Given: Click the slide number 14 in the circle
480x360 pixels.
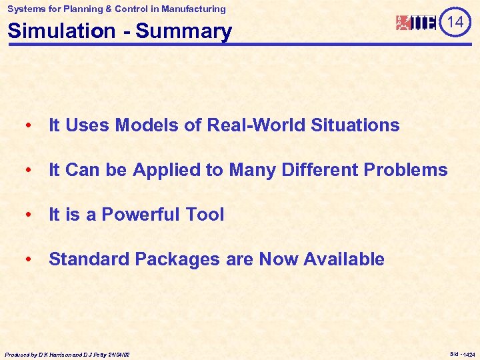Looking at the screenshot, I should click(455, 23).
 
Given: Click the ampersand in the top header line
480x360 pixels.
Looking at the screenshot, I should click(105, 9).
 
